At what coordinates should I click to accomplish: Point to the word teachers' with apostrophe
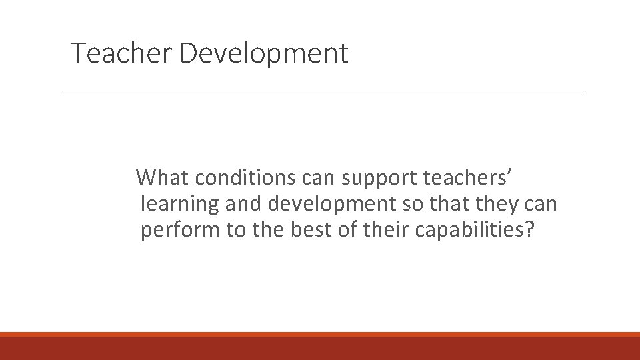pyautogui.click(x=467, y=178)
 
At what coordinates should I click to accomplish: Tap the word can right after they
pyautogui.click(x=543, y=203)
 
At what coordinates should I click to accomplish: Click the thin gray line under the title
pyautogui.click(x=323, y=91)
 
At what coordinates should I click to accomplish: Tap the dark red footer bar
pyautogui.click(x=320, y=348)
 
